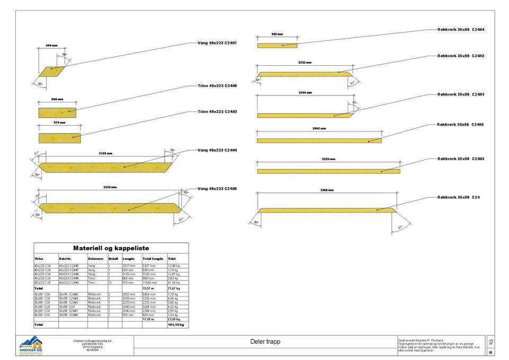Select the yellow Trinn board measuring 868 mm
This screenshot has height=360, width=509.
click(57, 112)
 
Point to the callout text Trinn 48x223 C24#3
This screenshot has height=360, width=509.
click(217, 112)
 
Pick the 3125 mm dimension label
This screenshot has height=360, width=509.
click(106, 154)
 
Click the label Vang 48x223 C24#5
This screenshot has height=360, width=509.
click(217, 189)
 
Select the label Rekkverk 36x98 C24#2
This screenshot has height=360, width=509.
click(461, 56)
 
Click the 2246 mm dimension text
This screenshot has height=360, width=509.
click(305, 93)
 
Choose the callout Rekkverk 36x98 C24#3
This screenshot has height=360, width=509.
click(461, 159)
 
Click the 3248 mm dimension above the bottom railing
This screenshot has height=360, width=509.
click(327, 190)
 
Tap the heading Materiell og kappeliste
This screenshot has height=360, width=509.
click(111, 248)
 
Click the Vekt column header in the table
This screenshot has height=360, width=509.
click(172, 259)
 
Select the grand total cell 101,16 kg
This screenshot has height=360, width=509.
click(175, 324)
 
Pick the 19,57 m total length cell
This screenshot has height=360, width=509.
click(148, 288)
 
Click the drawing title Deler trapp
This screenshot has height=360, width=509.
click(265, 342)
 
